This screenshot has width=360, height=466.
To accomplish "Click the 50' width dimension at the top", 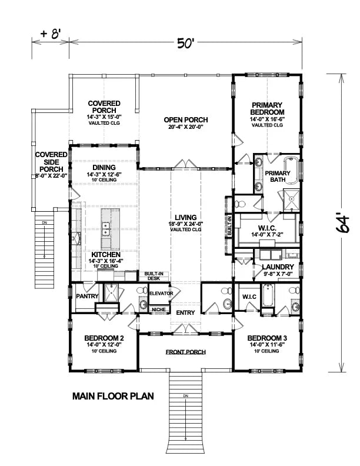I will coord(185,43).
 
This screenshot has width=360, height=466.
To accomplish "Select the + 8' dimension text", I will coord(52,34).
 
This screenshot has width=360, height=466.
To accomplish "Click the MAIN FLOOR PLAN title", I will coord(113,396).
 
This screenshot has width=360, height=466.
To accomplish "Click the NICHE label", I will coord(158,309).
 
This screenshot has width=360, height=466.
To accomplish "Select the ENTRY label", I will coord(185,312).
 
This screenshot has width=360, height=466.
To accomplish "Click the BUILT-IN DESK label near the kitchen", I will coord(154,276).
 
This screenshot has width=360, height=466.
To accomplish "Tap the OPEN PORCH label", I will coord(185,119).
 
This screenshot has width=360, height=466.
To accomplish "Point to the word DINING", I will coord(104,167).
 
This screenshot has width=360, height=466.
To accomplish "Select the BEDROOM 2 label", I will coord(104,337).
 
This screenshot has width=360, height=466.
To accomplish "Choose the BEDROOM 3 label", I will coord(266,337).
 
